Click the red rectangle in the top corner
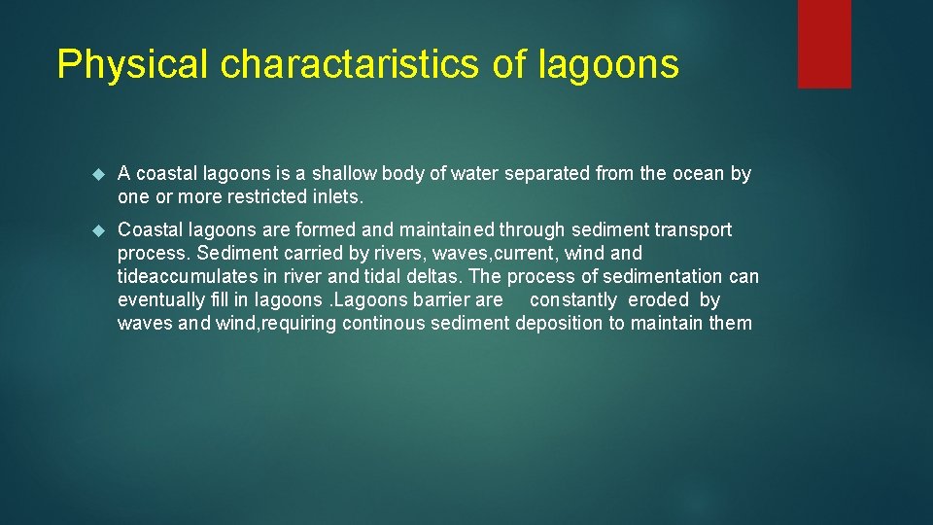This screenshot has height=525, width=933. coord(823,44)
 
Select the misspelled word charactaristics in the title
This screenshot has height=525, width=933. coord(348,65)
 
